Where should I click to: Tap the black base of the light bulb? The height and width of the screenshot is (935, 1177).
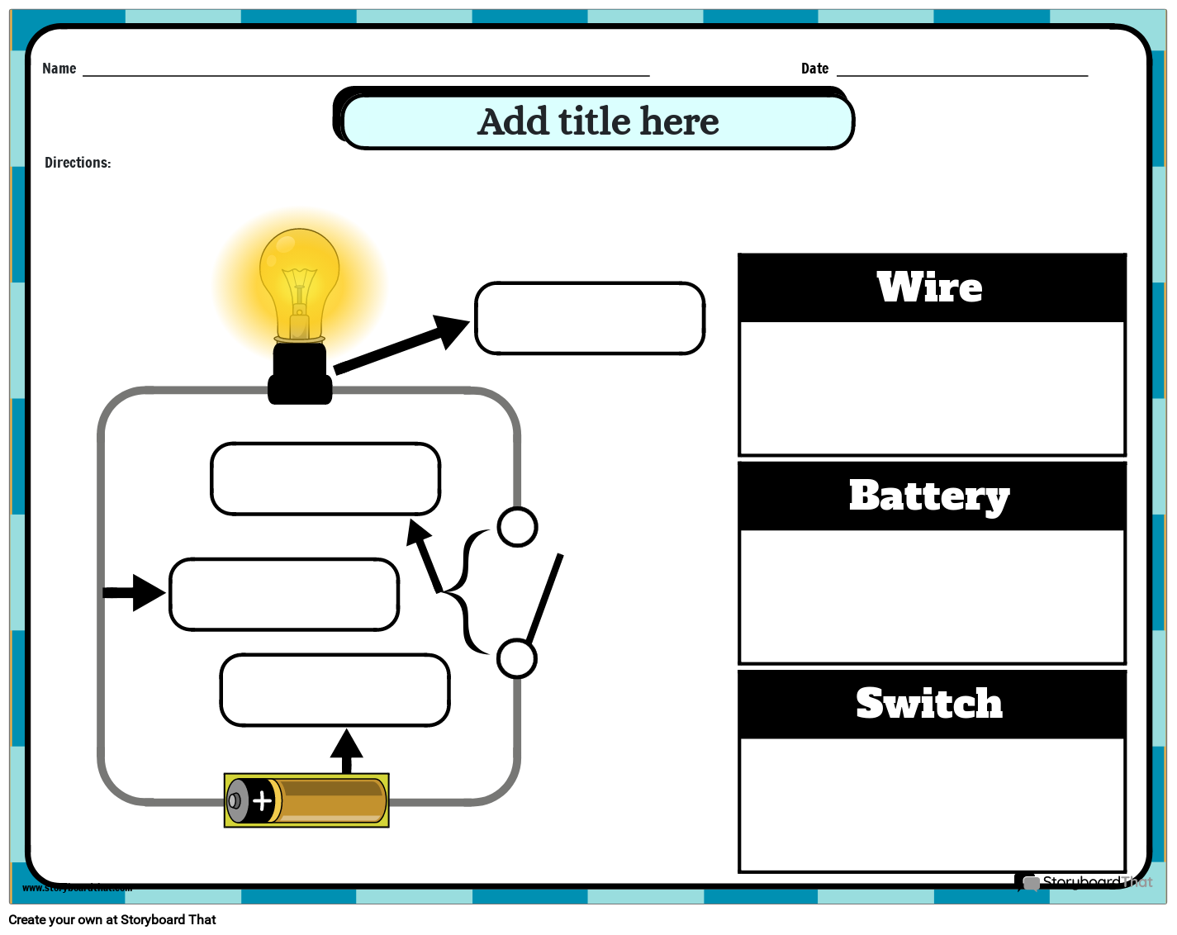click(300, 376)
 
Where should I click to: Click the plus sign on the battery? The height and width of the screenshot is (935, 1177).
click(262, 800)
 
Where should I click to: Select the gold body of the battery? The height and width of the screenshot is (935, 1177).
click(330, 800)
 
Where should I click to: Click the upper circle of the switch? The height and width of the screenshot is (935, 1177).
click(518, 527)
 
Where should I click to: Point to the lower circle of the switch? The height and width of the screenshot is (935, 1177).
click(517, 658)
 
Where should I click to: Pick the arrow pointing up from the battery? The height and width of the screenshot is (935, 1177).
click(346, 749)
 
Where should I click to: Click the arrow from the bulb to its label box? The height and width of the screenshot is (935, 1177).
click(401, 346)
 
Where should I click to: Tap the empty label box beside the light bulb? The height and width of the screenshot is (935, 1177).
click(590, 318)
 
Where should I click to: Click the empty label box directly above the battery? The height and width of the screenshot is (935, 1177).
click(335, 691)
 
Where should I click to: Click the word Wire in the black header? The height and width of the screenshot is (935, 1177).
click(930, 287)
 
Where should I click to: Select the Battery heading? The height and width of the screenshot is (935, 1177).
click(929, 496)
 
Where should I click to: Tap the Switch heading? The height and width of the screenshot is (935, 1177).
click(929, 704)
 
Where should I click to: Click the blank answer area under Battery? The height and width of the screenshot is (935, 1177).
click(932, 596)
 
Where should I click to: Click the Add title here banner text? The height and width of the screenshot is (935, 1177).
click(598, 121)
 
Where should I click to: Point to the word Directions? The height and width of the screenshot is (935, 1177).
click(78, 163)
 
